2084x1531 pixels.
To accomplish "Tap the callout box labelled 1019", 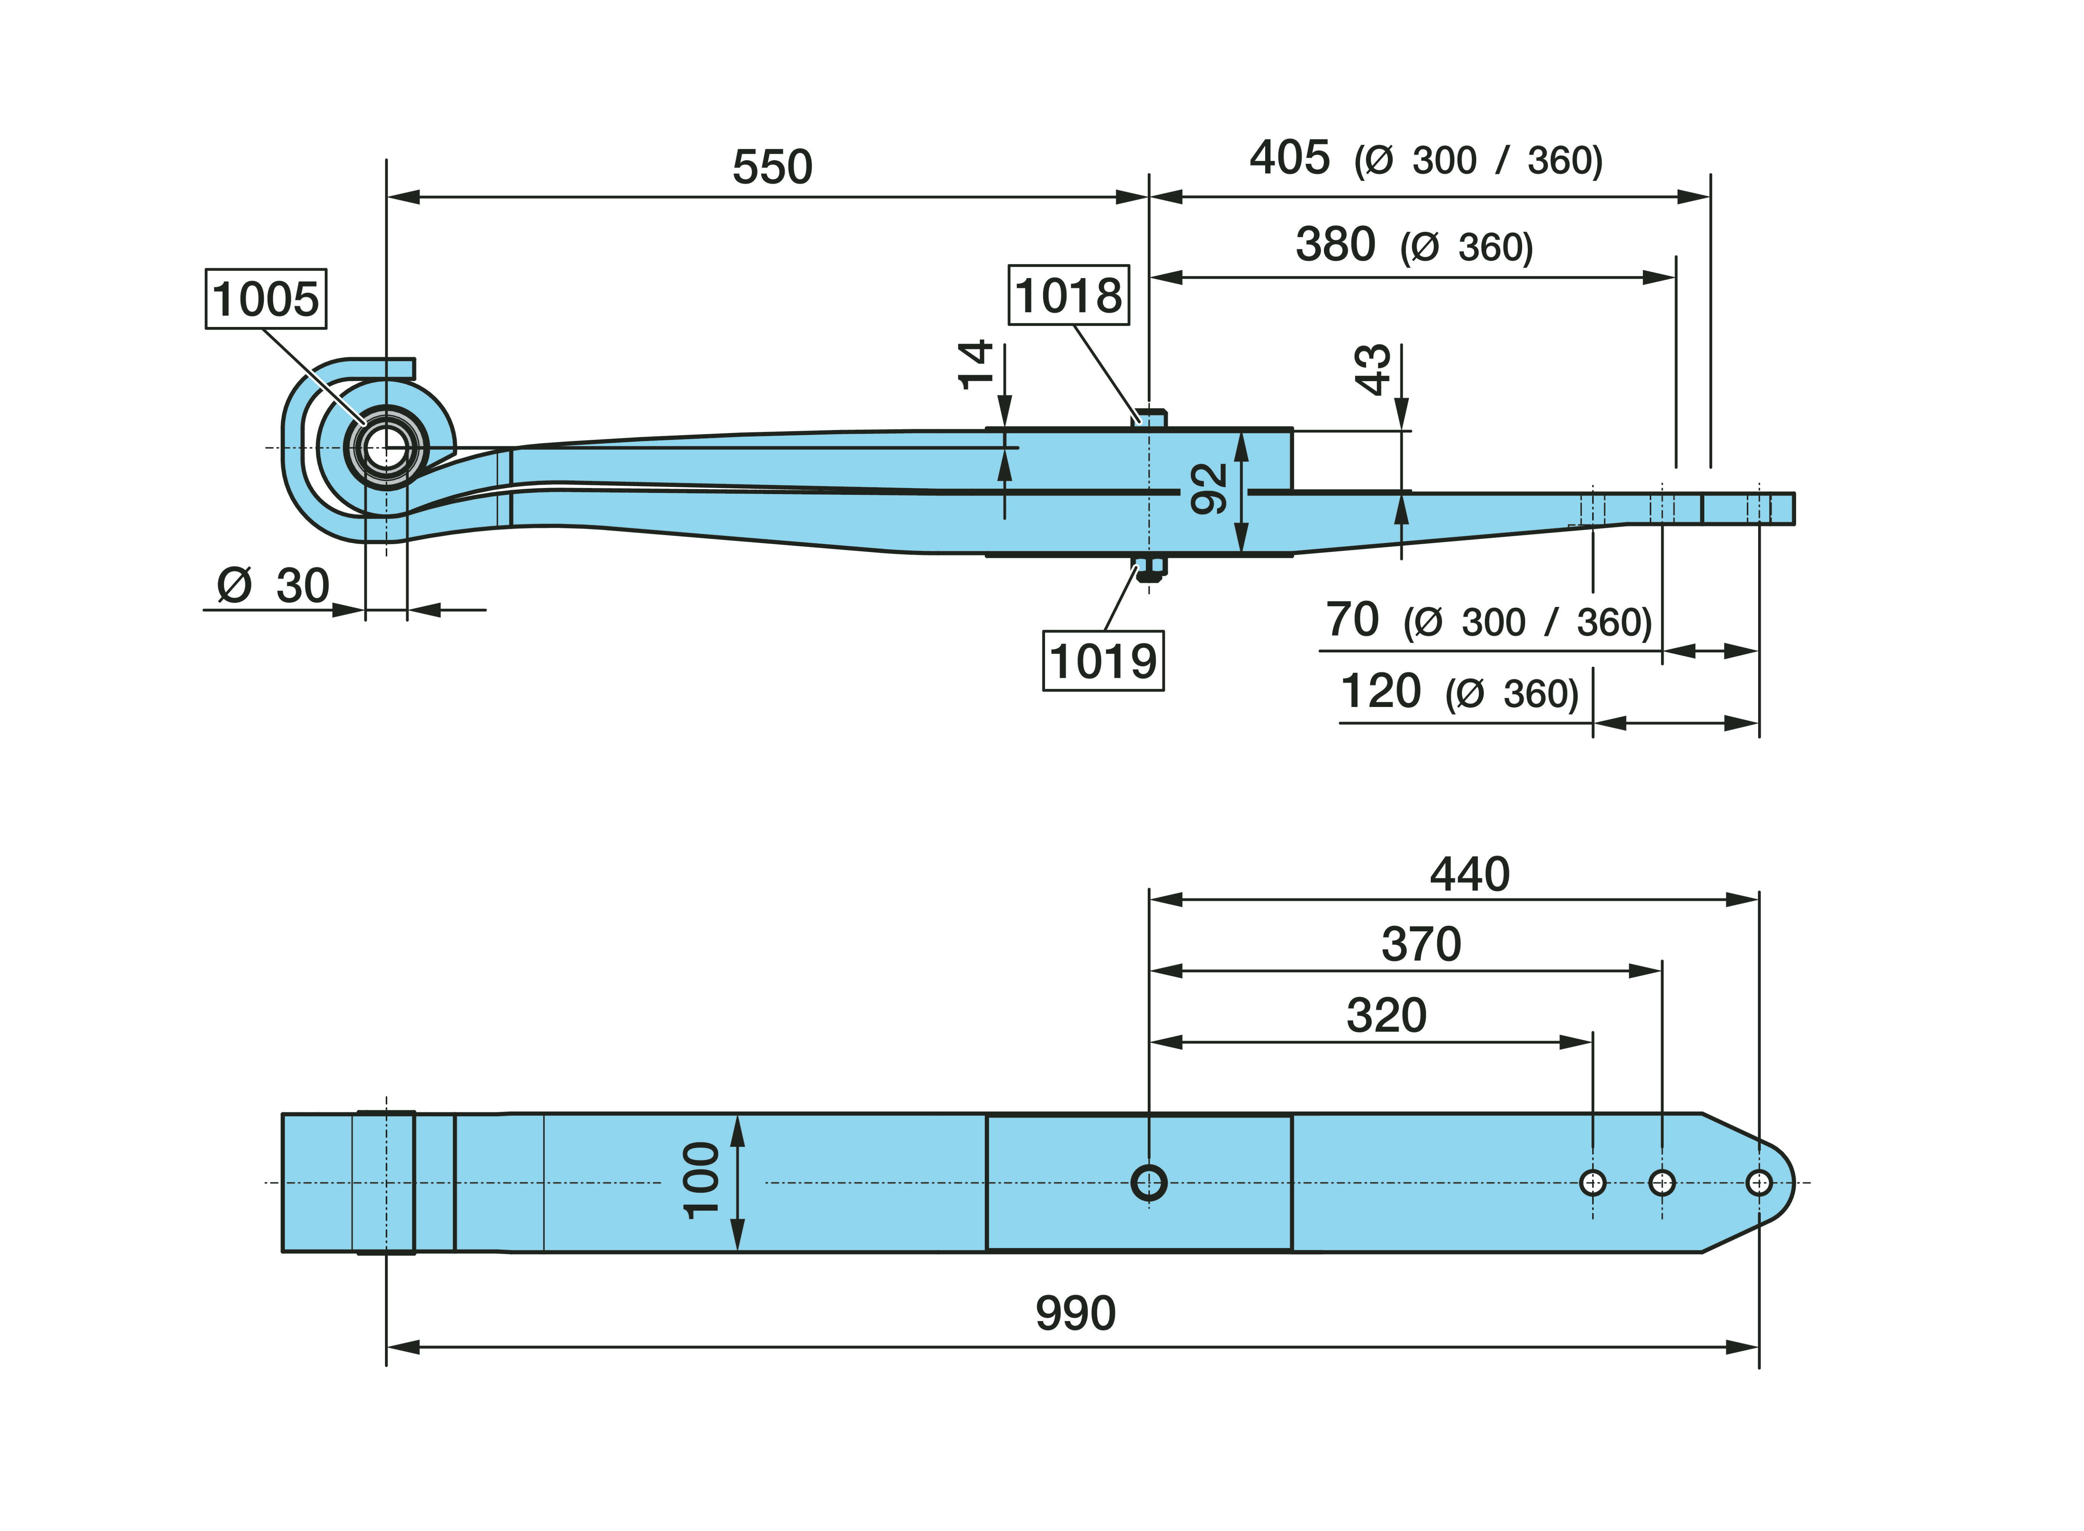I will click(x=1103, y=661).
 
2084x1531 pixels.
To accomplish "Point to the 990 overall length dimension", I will click(x=1075, y=1313).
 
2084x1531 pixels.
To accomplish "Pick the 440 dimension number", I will click(x=1470, y=874).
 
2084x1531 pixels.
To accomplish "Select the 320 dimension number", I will click(x=1386, y=1016).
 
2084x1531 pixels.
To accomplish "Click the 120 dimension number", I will click(x=1380, y=691).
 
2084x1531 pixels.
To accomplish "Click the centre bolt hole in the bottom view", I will click(x=1149, y=1182).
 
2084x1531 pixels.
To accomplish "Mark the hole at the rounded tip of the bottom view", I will click(x=1758, y=1182).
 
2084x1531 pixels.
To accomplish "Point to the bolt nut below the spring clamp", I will click(x=1149, y=570).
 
